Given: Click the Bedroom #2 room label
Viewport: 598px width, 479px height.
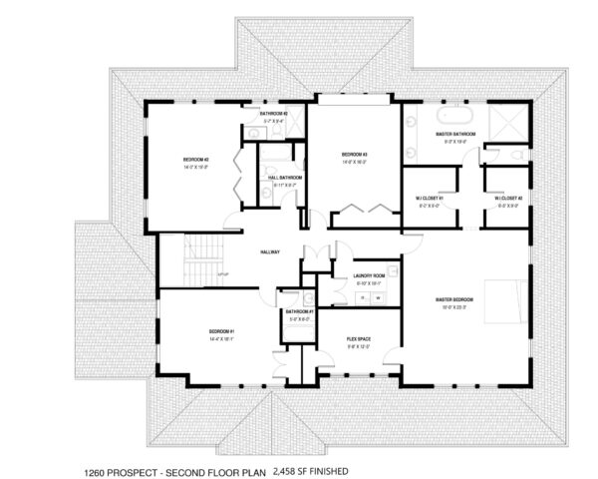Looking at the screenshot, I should point(194,160).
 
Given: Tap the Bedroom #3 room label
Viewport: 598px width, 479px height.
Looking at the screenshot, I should point(355,155).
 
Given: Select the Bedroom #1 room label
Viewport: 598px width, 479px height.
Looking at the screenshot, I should point(221,330).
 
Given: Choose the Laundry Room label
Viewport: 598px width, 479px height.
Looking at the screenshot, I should point(369,276).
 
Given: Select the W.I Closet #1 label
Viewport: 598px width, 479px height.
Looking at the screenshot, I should point(429,198).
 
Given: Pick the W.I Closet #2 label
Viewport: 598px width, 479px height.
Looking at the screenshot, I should point(507,198).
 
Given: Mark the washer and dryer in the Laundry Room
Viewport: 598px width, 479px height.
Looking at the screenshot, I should point(371,296).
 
